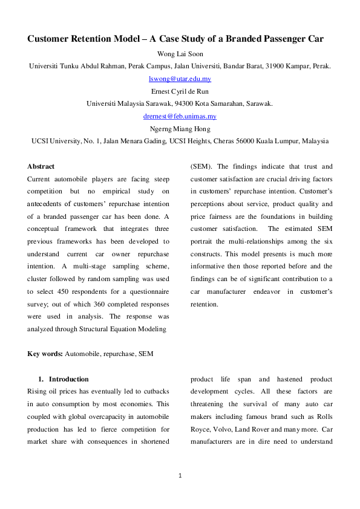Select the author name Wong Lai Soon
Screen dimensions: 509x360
click(x=180, y=54)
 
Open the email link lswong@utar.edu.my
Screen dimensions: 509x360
click(x=180, y=79)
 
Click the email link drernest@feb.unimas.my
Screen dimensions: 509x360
click(x=180, y=116)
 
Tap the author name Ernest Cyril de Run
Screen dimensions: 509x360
click(x=180, y=91)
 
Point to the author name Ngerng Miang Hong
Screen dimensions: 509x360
click(x=180, y=129)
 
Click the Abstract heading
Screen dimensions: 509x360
click(x=41, y=166)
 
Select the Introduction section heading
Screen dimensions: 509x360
click(x=68, y=379)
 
